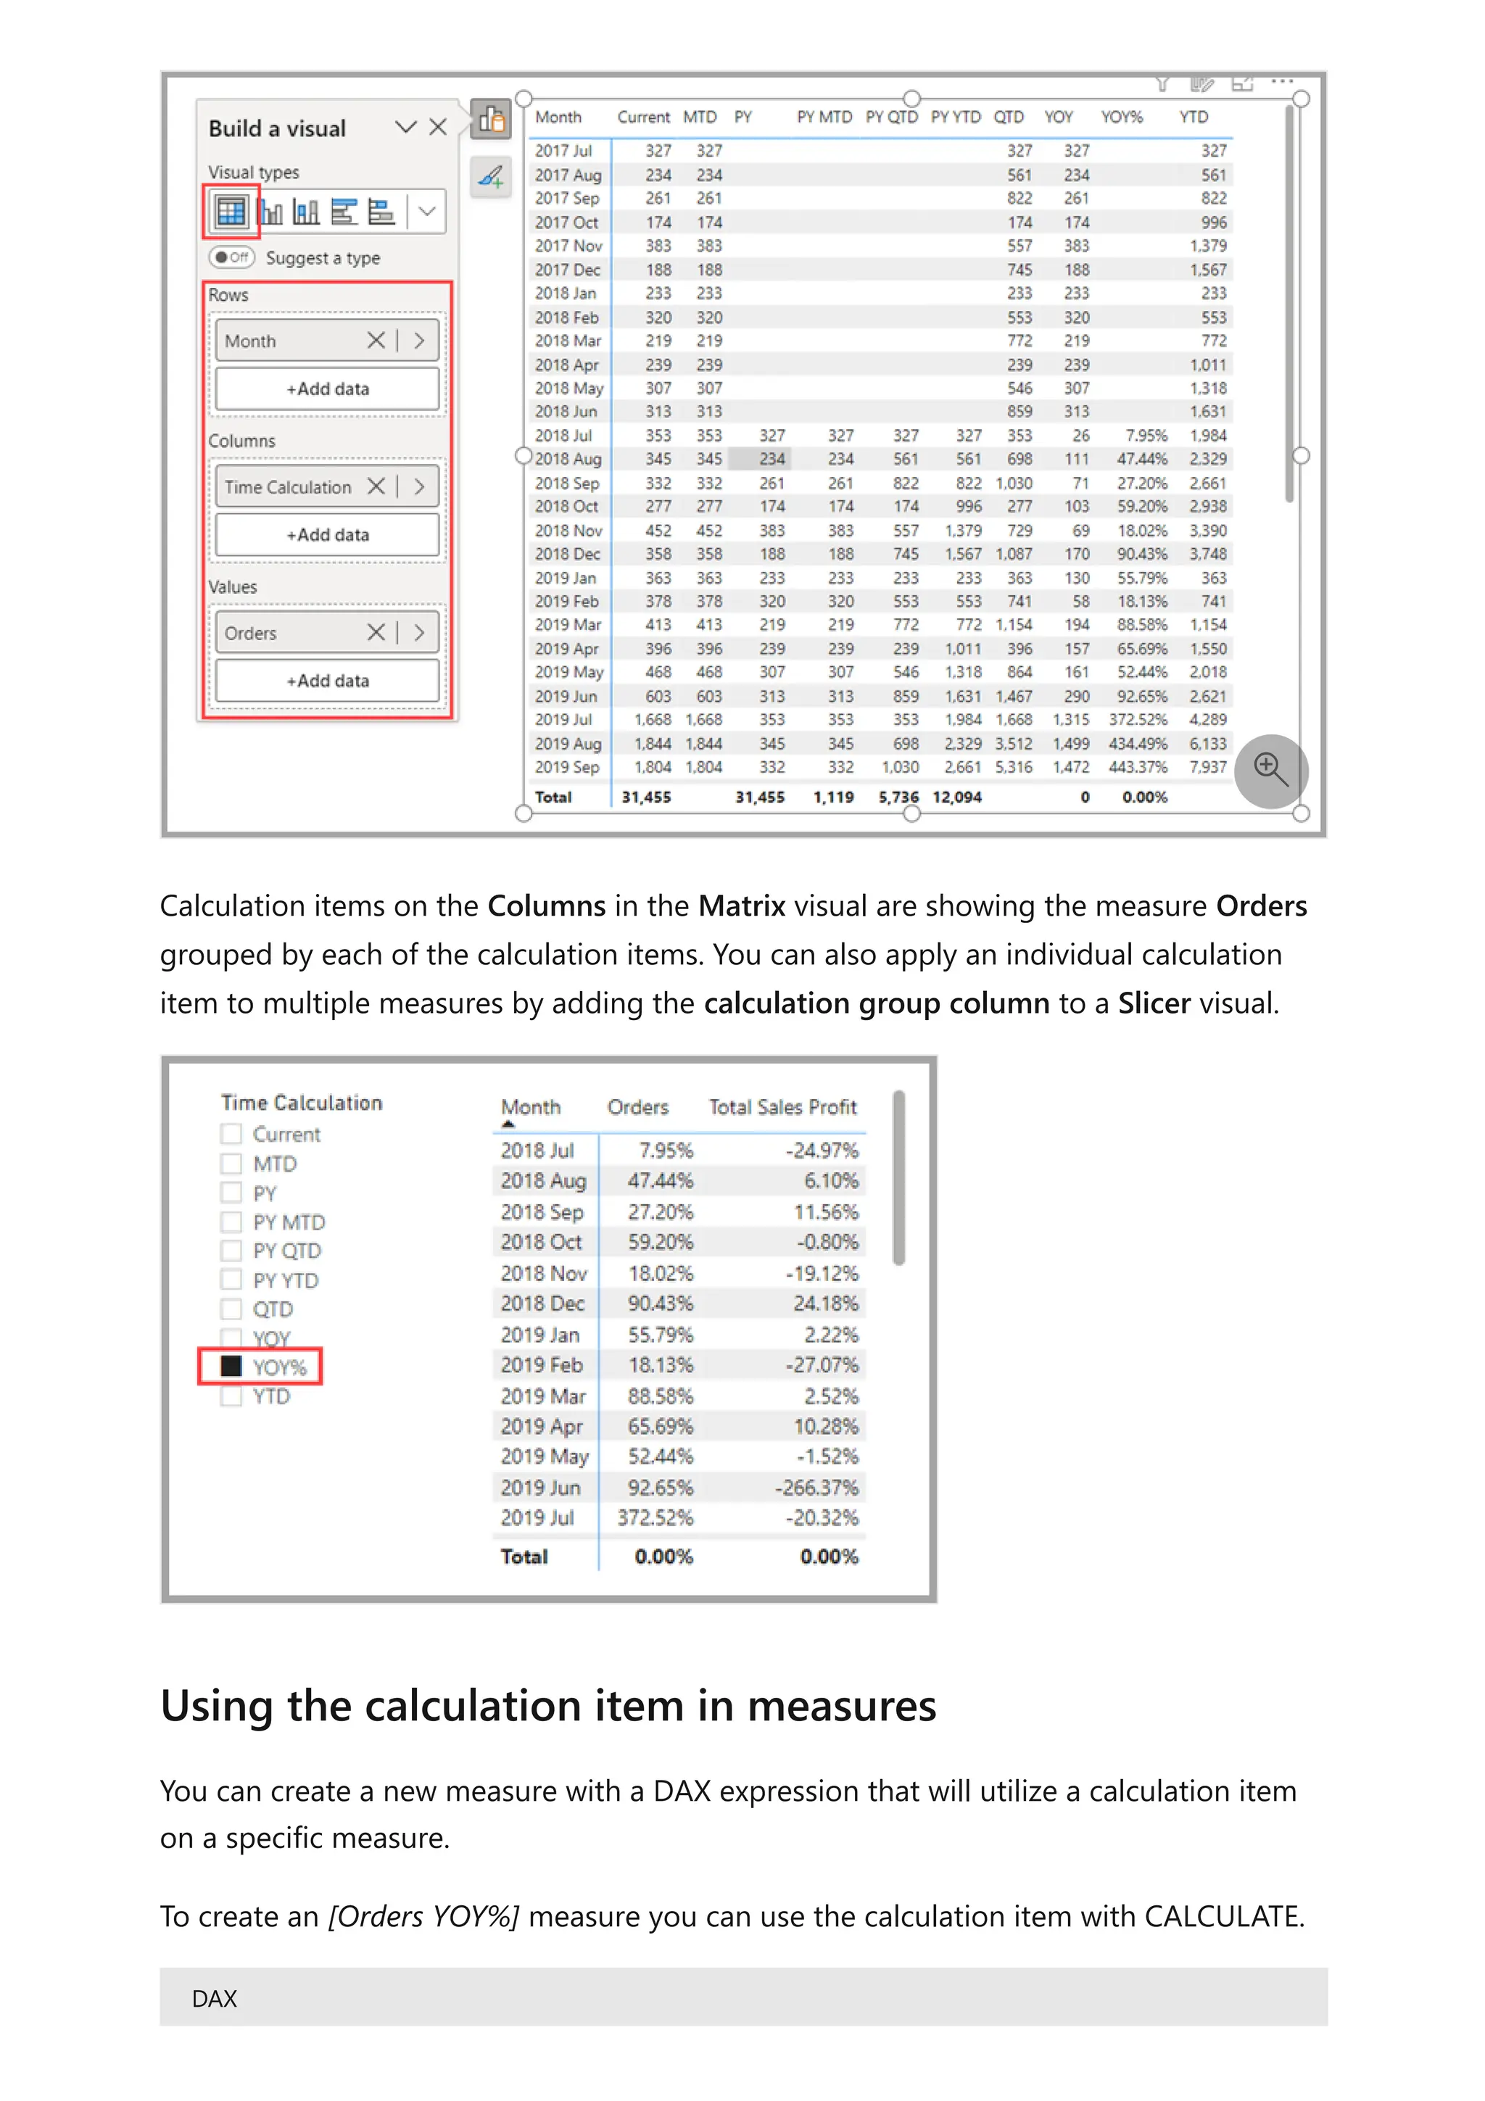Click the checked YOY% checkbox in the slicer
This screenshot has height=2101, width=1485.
231,1366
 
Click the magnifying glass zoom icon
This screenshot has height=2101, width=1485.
1270,770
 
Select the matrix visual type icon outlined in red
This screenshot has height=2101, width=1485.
231,212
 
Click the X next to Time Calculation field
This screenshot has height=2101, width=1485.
375,486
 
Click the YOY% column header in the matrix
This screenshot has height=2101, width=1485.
1121,117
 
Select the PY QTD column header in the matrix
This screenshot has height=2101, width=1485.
891,117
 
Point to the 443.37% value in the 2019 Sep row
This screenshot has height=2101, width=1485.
1137,767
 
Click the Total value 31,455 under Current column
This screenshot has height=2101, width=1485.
646,797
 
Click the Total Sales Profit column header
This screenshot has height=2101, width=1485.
782,1107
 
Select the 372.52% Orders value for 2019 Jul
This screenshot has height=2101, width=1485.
654,1517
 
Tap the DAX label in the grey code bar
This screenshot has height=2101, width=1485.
214,1999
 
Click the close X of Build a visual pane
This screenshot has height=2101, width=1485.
438,126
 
